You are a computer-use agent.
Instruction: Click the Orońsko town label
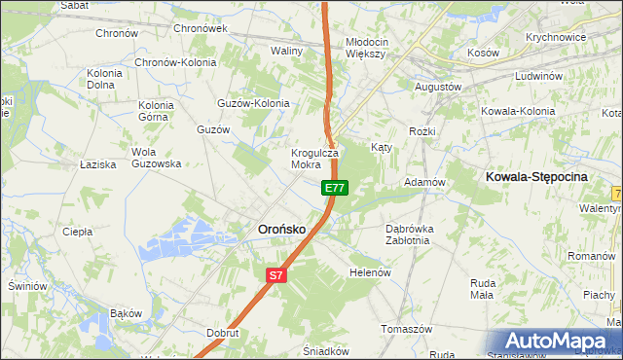pyautogui.click(x=281, y=229)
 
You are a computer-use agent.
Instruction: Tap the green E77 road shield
pyautogui.click(x=334, y=187)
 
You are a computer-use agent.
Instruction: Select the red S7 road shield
pyautogui.click(x=276, y=275)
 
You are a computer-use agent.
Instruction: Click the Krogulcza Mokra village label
pyautogui.click(x=314, y=159)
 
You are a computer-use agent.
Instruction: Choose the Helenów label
pyautogui.click(x=370, y=273)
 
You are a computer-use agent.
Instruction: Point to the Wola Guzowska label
pyautogui.click(x=157, y=159)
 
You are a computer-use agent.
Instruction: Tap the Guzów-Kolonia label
pyautogui.click(x=253, y=102)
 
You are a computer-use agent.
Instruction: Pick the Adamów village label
pyautogui.click(x=424, y=182)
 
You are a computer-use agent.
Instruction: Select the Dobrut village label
pyautogui.click(x=223, y=333)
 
